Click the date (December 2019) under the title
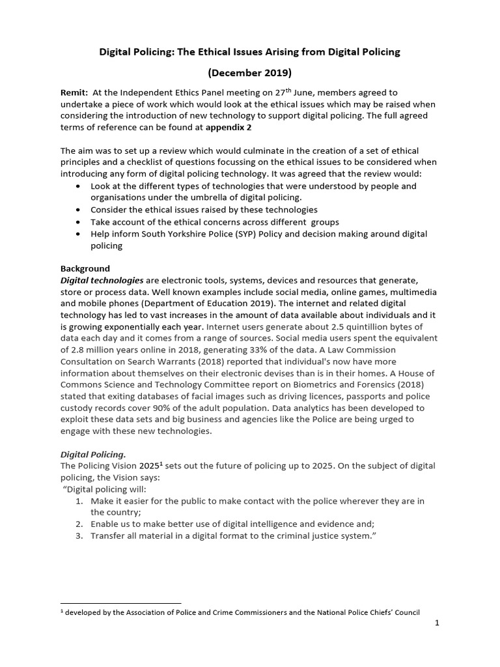(x=249, y=72)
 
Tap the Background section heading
(x=85, y=268)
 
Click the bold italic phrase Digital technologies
(x=102, y=280)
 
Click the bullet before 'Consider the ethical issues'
(x=79, y=210)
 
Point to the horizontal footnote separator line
(x=120, y=603)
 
